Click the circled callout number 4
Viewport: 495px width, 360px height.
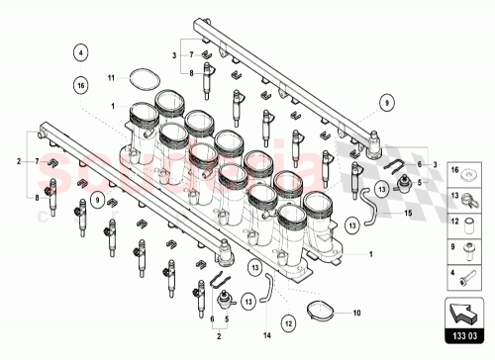point(81,52)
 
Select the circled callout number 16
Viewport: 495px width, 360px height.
point(81,87)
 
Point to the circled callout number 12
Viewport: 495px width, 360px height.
point(288,322)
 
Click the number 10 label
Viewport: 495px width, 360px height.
point(357,315)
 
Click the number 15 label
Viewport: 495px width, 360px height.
point(406,212)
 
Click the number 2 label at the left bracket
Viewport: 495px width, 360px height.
point(19,159)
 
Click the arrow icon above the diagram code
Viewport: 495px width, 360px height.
point(464,314)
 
